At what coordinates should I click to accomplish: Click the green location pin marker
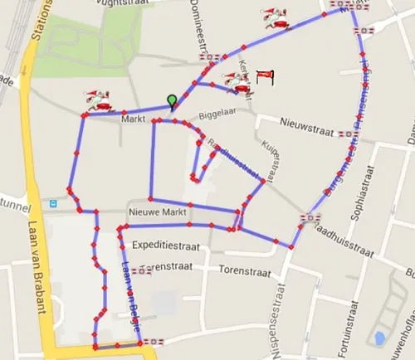click(x=172, y=101)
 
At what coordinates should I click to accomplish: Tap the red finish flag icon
click(x=265, y=77)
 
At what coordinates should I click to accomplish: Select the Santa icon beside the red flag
click(x=237, y=81)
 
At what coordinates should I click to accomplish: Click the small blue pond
click(x=379, y=338)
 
